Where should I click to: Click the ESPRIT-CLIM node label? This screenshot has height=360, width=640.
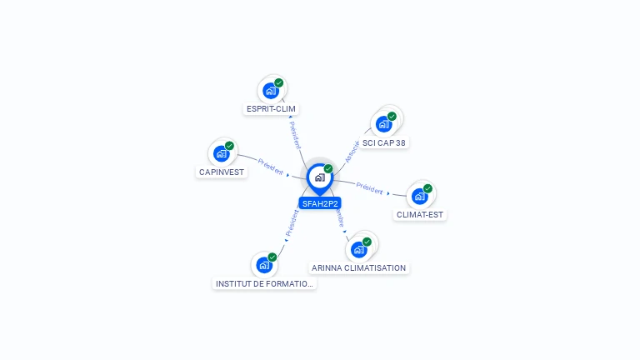(271, 108)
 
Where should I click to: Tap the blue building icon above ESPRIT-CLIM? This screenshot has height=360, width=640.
(270, 90)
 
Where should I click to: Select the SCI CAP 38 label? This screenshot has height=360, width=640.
(384, 142)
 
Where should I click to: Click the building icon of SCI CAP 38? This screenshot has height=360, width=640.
(383, 124)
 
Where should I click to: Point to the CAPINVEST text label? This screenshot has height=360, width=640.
(221, 172)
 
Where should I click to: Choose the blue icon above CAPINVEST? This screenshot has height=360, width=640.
(221, 153)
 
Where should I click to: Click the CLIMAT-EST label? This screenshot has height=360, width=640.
(421, 214)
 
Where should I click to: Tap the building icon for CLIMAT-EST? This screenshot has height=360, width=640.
(419, 196)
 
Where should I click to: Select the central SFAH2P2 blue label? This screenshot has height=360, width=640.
(320, 203)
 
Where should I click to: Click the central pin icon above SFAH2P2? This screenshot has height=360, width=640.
(319, 177)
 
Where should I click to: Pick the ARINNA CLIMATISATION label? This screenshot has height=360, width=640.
(359, 267)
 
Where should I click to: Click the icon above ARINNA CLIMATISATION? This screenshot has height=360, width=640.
(359, 249)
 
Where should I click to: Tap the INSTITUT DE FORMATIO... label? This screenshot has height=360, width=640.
(265, 283)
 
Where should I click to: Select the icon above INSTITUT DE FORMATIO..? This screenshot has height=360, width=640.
(264, 265)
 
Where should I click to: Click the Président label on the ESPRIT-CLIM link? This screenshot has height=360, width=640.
(294, 134)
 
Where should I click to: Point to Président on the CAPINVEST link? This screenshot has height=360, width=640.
(271, 166)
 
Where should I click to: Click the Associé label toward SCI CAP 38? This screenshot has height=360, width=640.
(352, 150)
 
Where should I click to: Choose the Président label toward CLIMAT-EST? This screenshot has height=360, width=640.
(369, 187)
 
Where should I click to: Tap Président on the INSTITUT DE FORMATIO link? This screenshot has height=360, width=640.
(292, 222)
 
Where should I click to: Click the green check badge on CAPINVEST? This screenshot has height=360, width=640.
(229, 146)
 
